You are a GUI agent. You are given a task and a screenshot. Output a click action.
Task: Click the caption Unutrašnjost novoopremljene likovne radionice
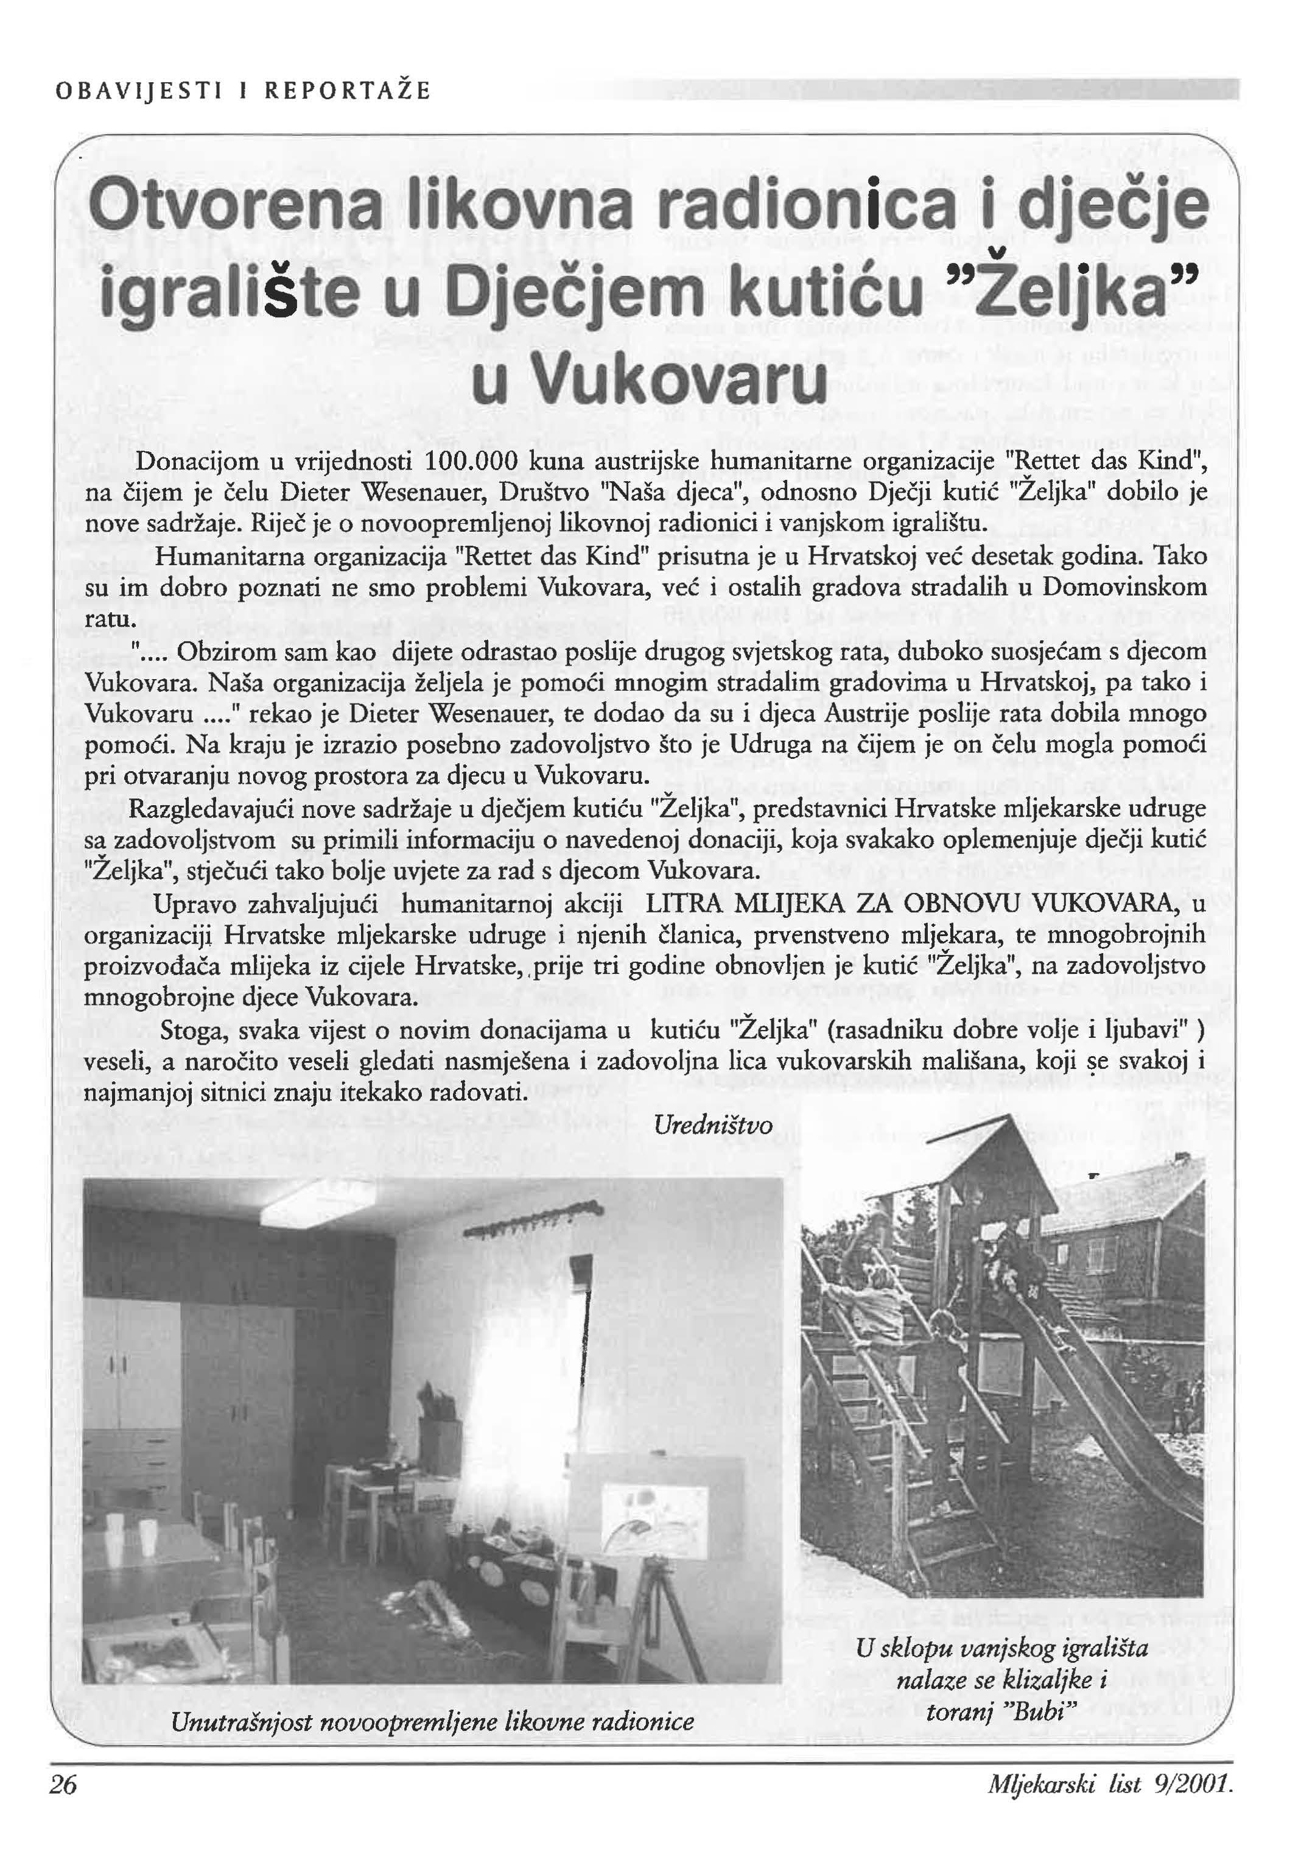(x=432, y=1721)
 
